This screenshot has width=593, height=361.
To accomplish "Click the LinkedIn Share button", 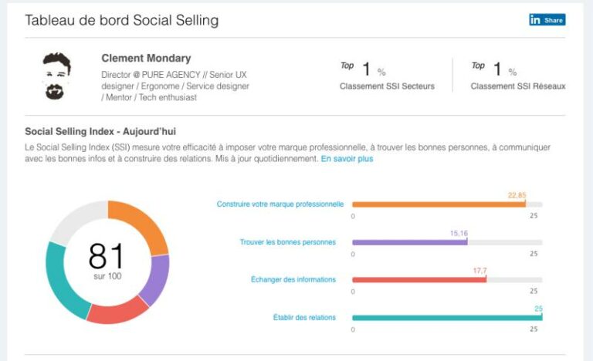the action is [x=547, y=19].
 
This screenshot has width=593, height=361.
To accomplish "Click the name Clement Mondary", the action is [x=146, y=58].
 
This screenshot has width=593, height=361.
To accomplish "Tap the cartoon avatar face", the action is [x=56, y=76].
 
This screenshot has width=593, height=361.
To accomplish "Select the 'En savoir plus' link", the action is [x=347, y=159].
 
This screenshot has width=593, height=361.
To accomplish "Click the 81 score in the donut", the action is [x=107, y=256].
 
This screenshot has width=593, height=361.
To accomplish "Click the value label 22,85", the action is [x=517, y=195].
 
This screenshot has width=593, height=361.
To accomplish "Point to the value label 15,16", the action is [x=459, y=233].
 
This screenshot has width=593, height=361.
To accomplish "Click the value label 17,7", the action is [x=479, y=271].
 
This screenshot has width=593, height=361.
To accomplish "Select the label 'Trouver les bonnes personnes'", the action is [x=288, y=242].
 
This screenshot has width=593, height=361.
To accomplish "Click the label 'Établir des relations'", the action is [x=304, y=318].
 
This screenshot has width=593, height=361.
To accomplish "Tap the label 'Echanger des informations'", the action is [x=293, y=279].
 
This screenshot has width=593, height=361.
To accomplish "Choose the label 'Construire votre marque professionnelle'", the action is [x=280, y=204].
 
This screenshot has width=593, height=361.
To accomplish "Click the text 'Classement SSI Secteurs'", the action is [x=387, y=86].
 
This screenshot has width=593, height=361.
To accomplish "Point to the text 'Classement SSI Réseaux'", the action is [x=518, y=86].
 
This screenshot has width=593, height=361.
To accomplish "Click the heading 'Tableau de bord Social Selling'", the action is [x=122, y=20].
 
